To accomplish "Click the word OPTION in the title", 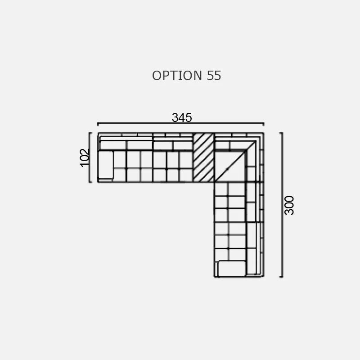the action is click(x=177, y=76).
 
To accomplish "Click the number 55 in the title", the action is click(x=214, y=76).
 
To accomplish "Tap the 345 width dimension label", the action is click(x=182, y=117).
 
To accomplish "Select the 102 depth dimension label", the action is click(x=84, y=157).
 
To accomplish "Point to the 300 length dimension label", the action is click(x=289, y=205).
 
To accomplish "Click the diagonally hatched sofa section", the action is click(x=204, y=157).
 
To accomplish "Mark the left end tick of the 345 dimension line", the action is click(x=98, y=124).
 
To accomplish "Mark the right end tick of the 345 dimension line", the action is click(x=264, y=124).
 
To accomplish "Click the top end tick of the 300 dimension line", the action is click(x=281, y=133).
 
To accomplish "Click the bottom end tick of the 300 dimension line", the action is click(x=281, y=277).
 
